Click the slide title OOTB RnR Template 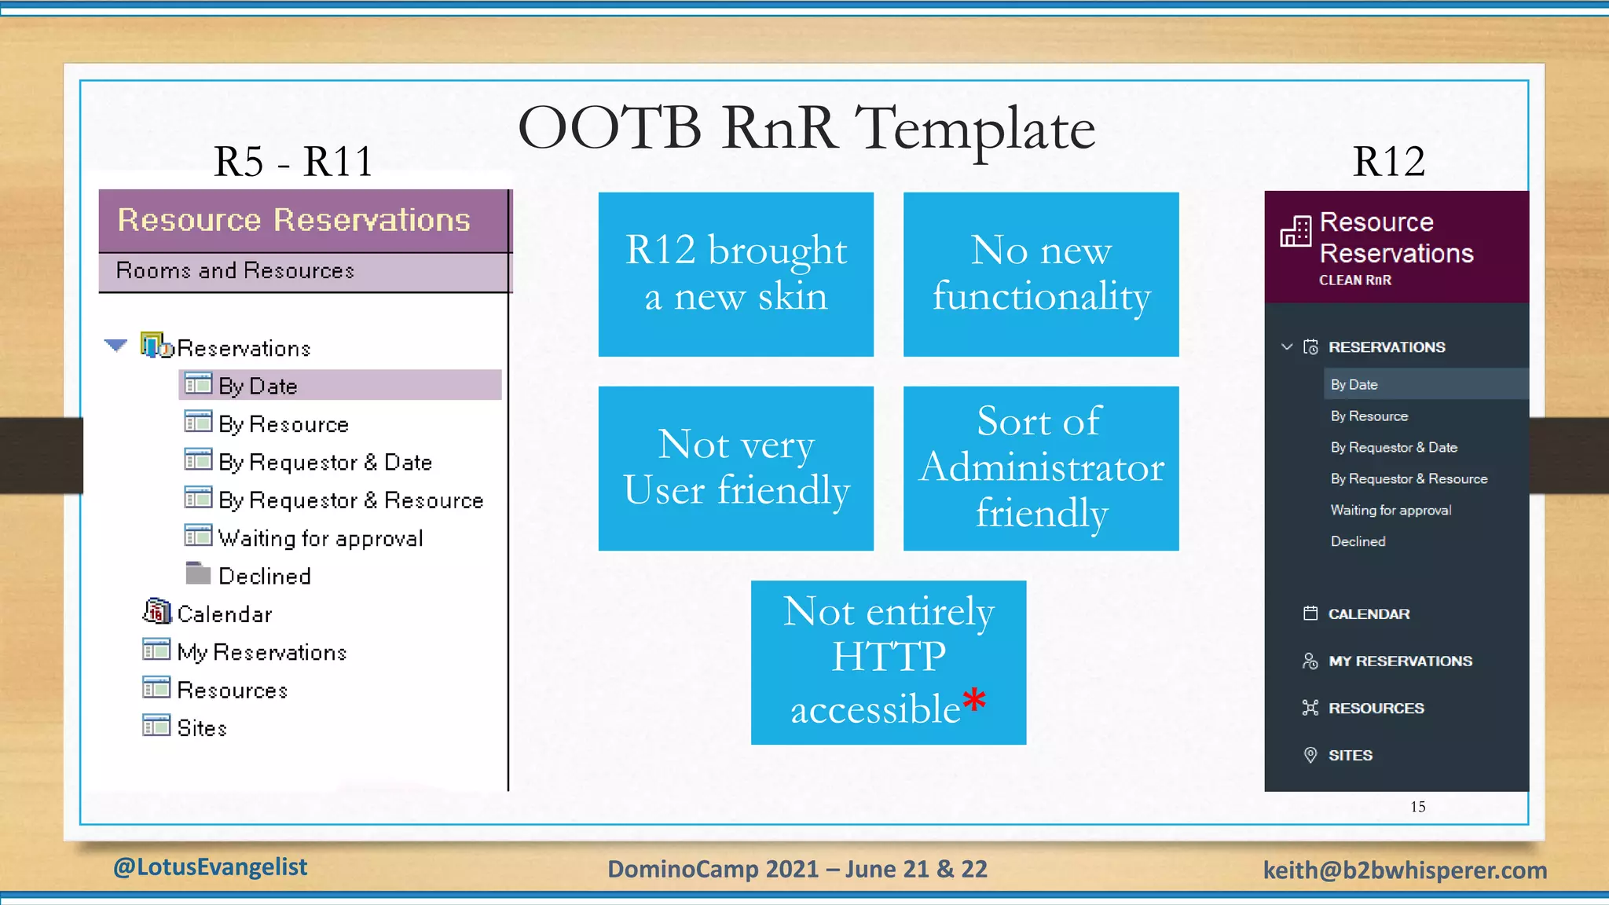[x=806, y=128]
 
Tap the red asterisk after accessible [x=974, y=698]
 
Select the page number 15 [x=1417, y=807]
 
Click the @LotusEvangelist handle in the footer [x=210, y=867]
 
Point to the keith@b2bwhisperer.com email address [x=1405, y=870]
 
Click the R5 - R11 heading [x=293, y=162]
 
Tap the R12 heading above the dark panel [x=1388, y=162]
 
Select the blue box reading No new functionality [x=1041, y=274]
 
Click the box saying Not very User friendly [x=736, y=468]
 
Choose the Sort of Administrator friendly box [x=1041, y=468]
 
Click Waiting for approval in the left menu [x=321, y=538]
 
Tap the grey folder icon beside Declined [x=198, y=573]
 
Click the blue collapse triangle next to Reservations [x=115, y=345]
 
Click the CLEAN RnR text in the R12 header [x=1354, y=280]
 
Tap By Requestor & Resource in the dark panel [x=1409, y=478]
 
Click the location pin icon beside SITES [x=1310, y=755]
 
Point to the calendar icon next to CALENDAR [x=1310, y=614]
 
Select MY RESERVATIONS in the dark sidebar [x=1400, y=661]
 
